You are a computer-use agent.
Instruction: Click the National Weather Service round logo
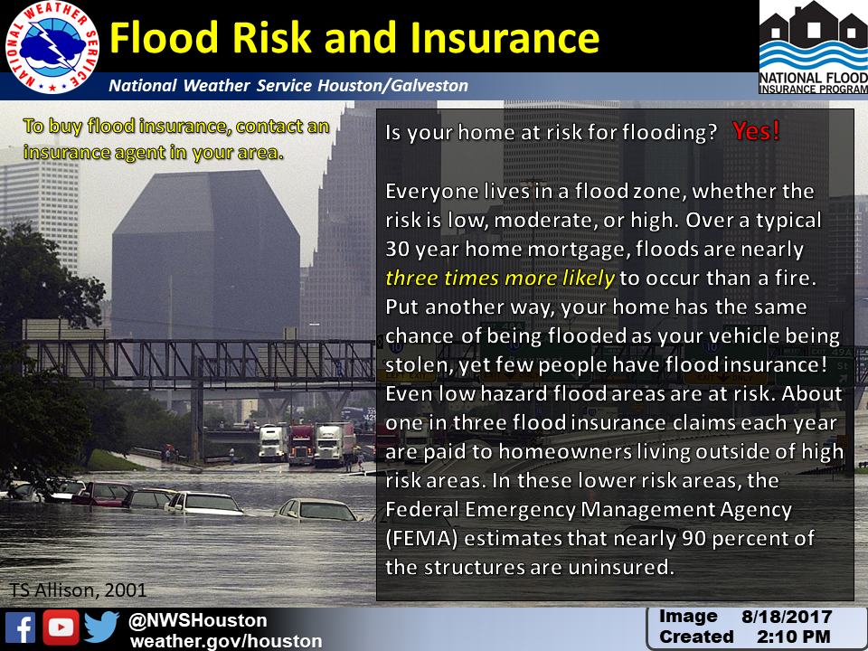52,47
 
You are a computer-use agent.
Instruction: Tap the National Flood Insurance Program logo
813,47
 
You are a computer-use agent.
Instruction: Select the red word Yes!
756,130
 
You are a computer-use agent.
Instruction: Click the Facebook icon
21,627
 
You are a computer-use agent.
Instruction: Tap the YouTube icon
61,627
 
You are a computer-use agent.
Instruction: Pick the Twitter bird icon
102,627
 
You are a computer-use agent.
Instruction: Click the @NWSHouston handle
198,620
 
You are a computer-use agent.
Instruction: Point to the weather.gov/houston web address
226,641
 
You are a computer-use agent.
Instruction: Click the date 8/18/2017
787,617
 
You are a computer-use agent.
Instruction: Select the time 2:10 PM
794,637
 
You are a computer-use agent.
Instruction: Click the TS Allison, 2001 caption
78,590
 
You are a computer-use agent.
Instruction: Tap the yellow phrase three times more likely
500,278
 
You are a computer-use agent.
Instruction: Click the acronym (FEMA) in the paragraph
421,538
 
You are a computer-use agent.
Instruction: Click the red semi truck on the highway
300,444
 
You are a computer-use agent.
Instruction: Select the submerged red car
102,494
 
